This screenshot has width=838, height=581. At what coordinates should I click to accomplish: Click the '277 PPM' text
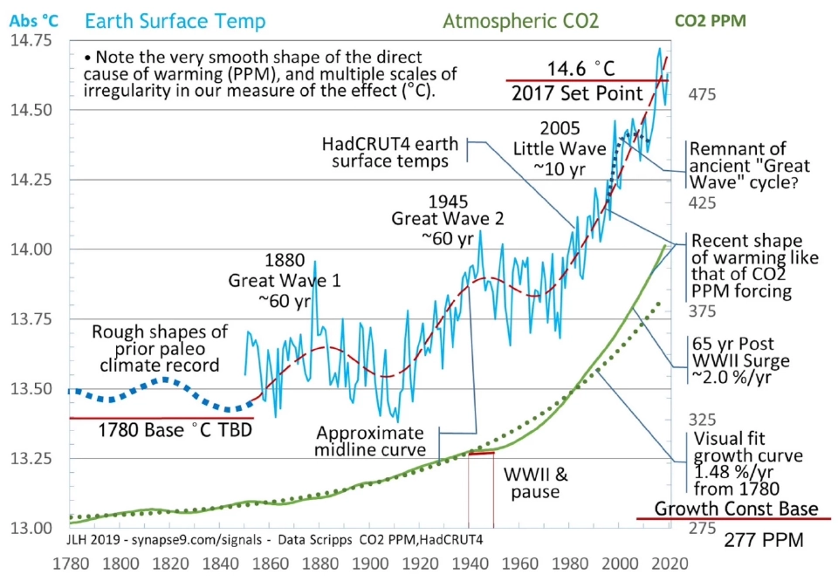(762, 542)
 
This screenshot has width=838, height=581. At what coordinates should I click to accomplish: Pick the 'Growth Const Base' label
(736, 509)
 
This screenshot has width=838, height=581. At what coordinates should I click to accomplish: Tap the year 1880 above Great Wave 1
(284, 261)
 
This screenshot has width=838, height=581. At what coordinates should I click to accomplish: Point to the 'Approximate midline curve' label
(369, 441)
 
